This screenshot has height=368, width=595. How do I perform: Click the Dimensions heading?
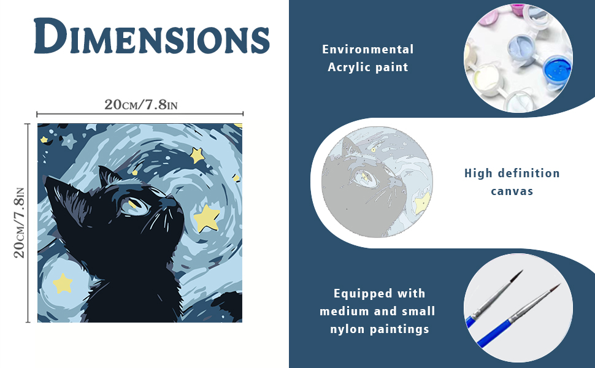(x=152, y=36)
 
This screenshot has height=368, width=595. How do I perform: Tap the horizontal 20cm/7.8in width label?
(x=141, y=104)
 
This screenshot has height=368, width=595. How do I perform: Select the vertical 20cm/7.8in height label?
(x=19, y=223)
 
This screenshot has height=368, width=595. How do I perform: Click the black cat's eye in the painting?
(x=136, y=205)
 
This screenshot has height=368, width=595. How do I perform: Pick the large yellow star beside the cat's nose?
(x=207, y=218)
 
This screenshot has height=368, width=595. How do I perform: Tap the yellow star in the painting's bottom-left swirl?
(x=63, y=283)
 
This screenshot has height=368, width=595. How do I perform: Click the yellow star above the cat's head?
(x=196, y=155)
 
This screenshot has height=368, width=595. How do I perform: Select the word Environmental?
(x=367, y=49)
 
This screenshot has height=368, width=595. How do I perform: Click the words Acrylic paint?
(x=367, y=67)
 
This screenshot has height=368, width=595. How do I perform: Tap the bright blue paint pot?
(x=557, y=72)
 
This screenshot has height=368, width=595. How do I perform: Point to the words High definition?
(x=512, y=174)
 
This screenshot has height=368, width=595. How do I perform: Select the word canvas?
(x=512, y=191)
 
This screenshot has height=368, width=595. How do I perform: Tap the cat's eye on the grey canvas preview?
(x=365, y=177)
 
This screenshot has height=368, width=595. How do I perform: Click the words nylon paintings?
(x=380, y=329)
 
